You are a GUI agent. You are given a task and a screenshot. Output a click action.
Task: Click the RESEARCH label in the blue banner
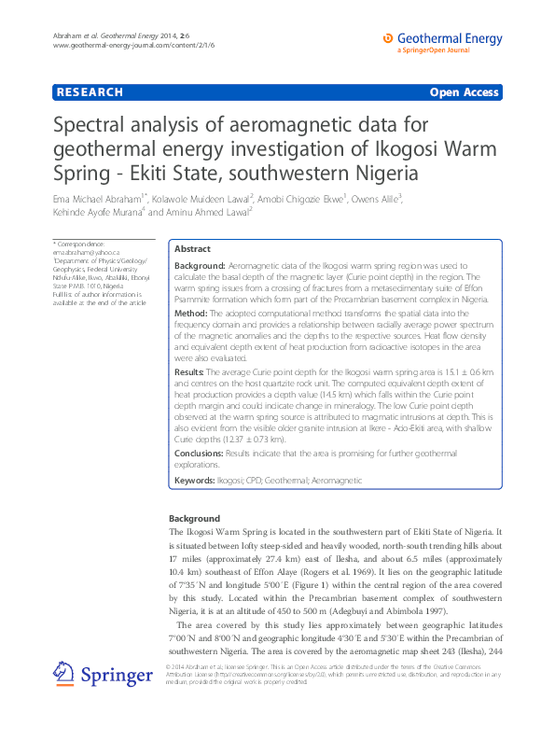point(90,92)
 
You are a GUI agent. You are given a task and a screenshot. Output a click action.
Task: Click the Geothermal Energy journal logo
point(442,41)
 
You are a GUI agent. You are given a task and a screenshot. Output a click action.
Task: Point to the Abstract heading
point(193,250)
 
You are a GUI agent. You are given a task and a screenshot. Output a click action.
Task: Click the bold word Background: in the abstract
point(200,266)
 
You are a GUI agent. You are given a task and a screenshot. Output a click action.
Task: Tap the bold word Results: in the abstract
point(191,371)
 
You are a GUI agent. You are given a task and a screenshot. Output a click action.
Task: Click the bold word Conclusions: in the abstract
point(199,453)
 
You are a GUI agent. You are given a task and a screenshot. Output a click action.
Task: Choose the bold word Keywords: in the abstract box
point(195,480)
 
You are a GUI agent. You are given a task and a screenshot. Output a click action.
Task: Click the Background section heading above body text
point(194,519)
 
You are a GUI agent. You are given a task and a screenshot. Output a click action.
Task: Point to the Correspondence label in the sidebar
point(79,244)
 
